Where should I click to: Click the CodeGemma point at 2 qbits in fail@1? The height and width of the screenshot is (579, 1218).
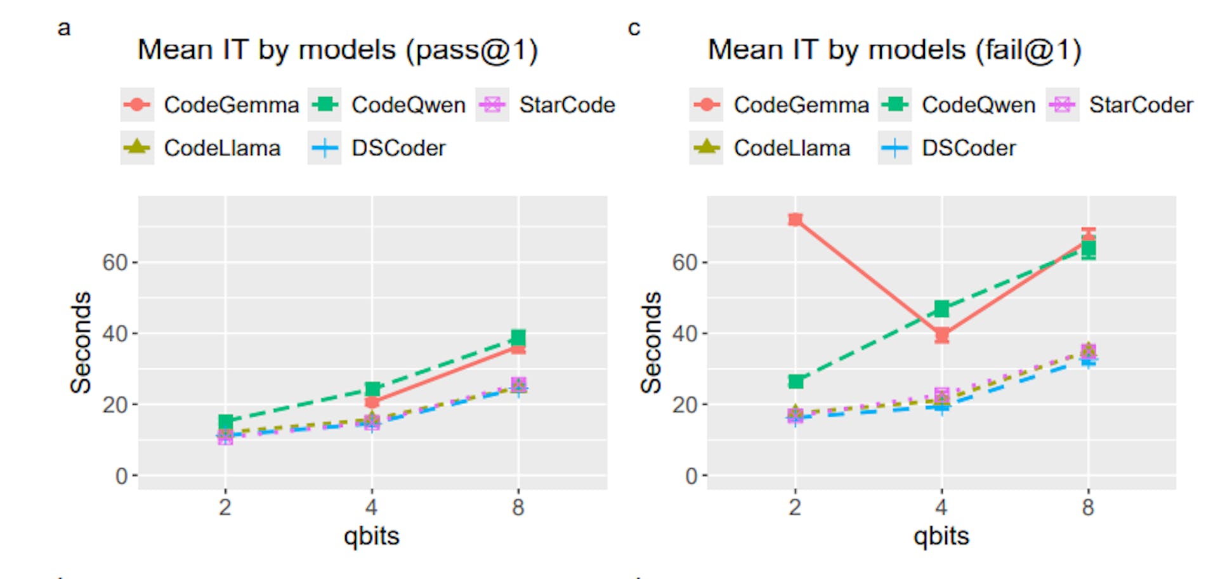coord(795,219)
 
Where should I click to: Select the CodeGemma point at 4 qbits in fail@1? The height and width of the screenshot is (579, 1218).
coord(941,335)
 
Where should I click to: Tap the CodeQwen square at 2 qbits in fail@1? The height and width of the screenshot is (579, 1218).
coord(796,381)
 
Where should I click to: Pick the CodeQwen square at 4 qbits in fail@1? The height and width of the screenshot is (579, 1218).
coord(941,309)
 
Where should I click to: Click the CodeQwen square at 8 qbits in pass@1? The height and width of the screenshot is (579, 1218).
coord(518,337)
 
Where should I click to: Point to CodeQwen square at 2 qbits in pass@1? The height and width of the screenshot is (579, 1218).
coord(225,422)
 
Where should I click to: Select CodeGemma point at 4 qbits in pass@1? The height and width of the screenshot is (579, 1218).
coord(372,401)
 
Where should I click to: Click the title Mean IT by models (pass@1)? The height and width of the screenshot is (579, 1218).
coord(337,50)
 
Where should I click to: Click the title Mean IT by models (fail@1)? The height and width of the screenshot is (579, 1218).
coord(894,50)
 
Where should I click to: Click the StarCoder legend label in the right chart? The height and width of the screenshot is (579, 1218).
coord(1141,105)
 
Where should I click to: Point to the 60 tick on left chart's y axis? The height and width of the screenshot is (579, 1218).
coord(115,263)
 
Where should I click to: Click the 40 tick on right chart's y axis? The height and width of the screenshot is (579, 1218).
coord(685,334)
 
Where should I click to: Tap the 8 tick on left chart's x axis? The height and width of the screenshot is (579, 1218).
coord(518,507)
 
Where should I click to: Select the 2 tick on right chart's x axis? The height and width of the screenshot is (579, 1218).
coord(795,507)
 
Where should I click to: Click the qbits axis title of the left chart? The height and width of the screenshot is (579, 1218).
coord(372,537)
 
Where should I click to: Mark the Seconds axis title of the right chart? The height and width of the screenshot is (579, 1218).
coord(652,342)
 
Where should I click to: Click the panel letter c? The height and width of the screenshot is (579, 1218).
coord(634,29)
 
